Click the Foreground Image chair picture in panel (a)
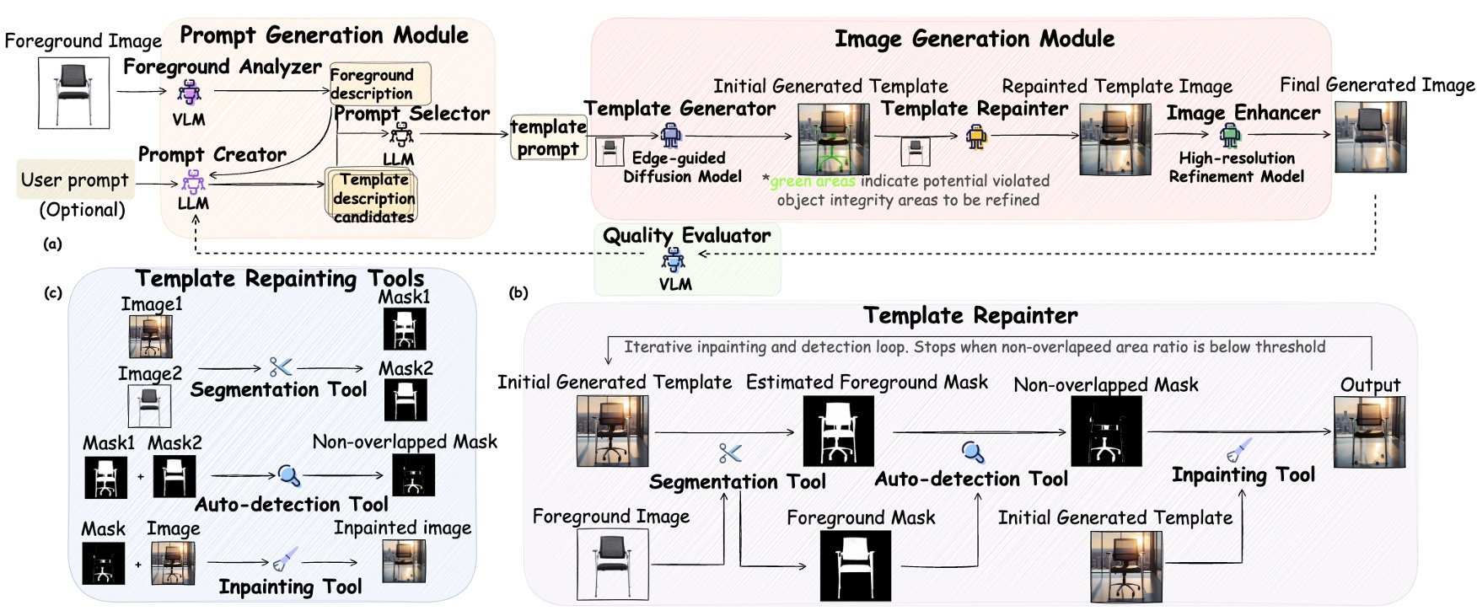click(73, 93)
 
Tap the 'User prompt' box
click(75, 179)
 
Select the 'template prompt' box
click(548, 138)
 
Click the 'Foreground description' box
click(379, 83)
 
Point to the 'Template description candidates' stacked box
click(373, 197)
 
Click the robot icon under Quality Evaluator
click(673, 260)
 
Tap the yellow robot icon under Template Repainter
click(976, 136)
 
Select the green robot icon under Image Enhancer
click(1231, 135)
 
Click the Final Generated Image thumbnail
click(1370, 137)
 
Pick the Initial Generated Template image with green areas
click(833, 139)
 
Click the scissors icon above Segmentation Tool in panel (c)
click(280, 367)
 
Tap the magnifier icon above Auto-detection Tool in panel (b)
click(973, 453)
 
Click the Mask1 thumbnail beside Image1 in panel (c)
click(405, 329)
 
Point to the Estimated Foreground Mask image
click(838, 431)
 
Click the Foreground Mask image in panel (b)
click(855, 565)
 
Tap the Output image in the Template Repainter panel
click(1369, 432)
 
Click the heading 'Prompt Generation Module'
click(324, 35)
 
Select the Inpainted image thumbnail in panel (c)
click(404, 561)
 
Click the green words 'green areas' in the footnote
click(812, 181)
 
